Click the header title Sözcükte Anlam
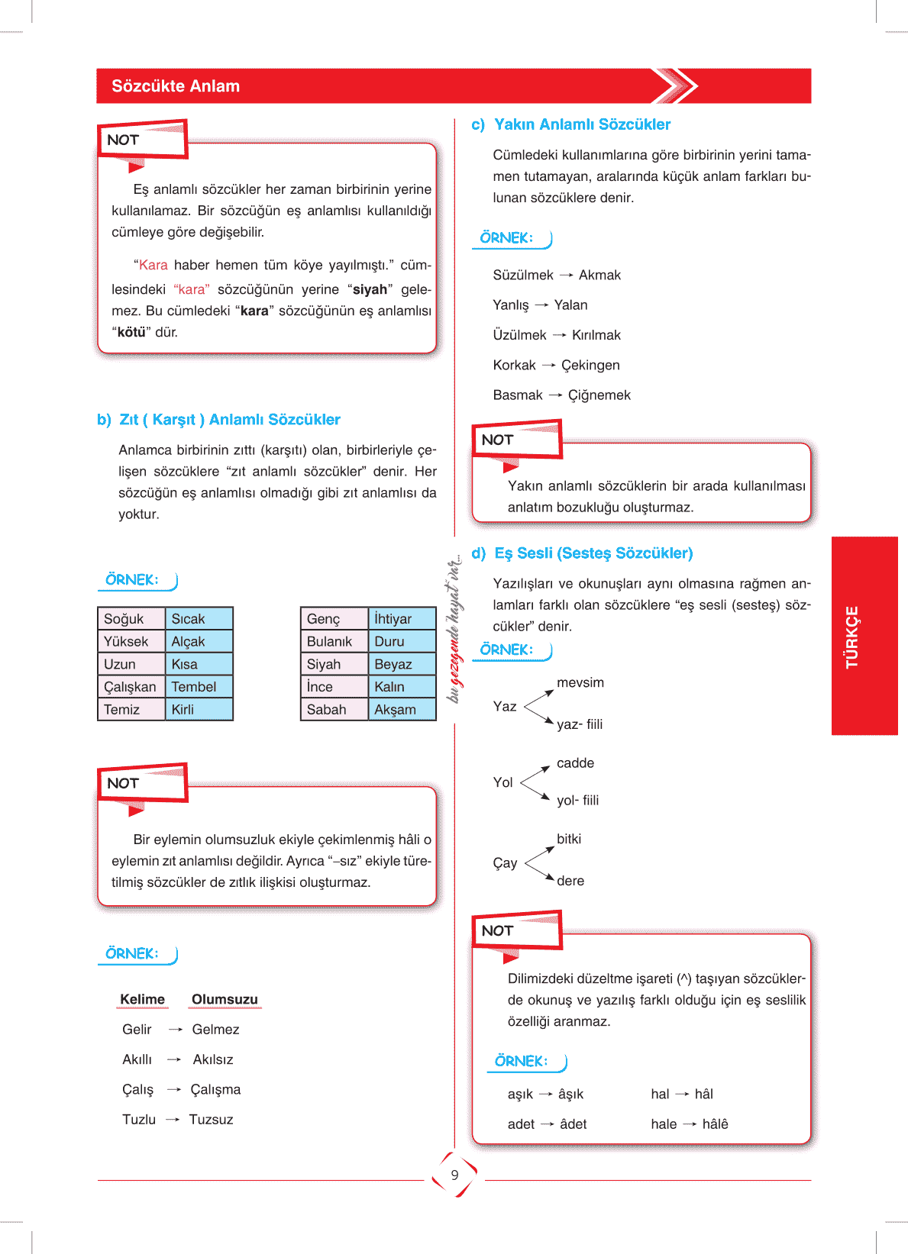(176, 86)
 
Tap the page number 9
(454, 1175)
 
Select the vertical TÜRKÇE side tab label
(852, 637)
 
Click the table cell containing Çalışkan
(130, 687)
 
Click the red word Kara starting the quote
(153, 265)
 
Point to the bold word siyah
(370, 289)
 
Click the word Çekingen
(590, 365)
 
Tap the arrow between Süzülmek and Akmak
(566, 275)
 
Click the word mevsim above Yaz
(580, 682)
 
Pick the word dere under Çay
(570, 881)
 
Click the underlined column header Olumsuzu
(225, 999)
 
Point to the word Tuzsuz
(211, 1120)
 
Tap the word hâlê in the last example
(715, 1124)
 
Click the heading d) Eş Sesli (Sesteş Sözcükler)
(583, 553)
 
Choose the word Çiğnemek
(599, 395)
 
